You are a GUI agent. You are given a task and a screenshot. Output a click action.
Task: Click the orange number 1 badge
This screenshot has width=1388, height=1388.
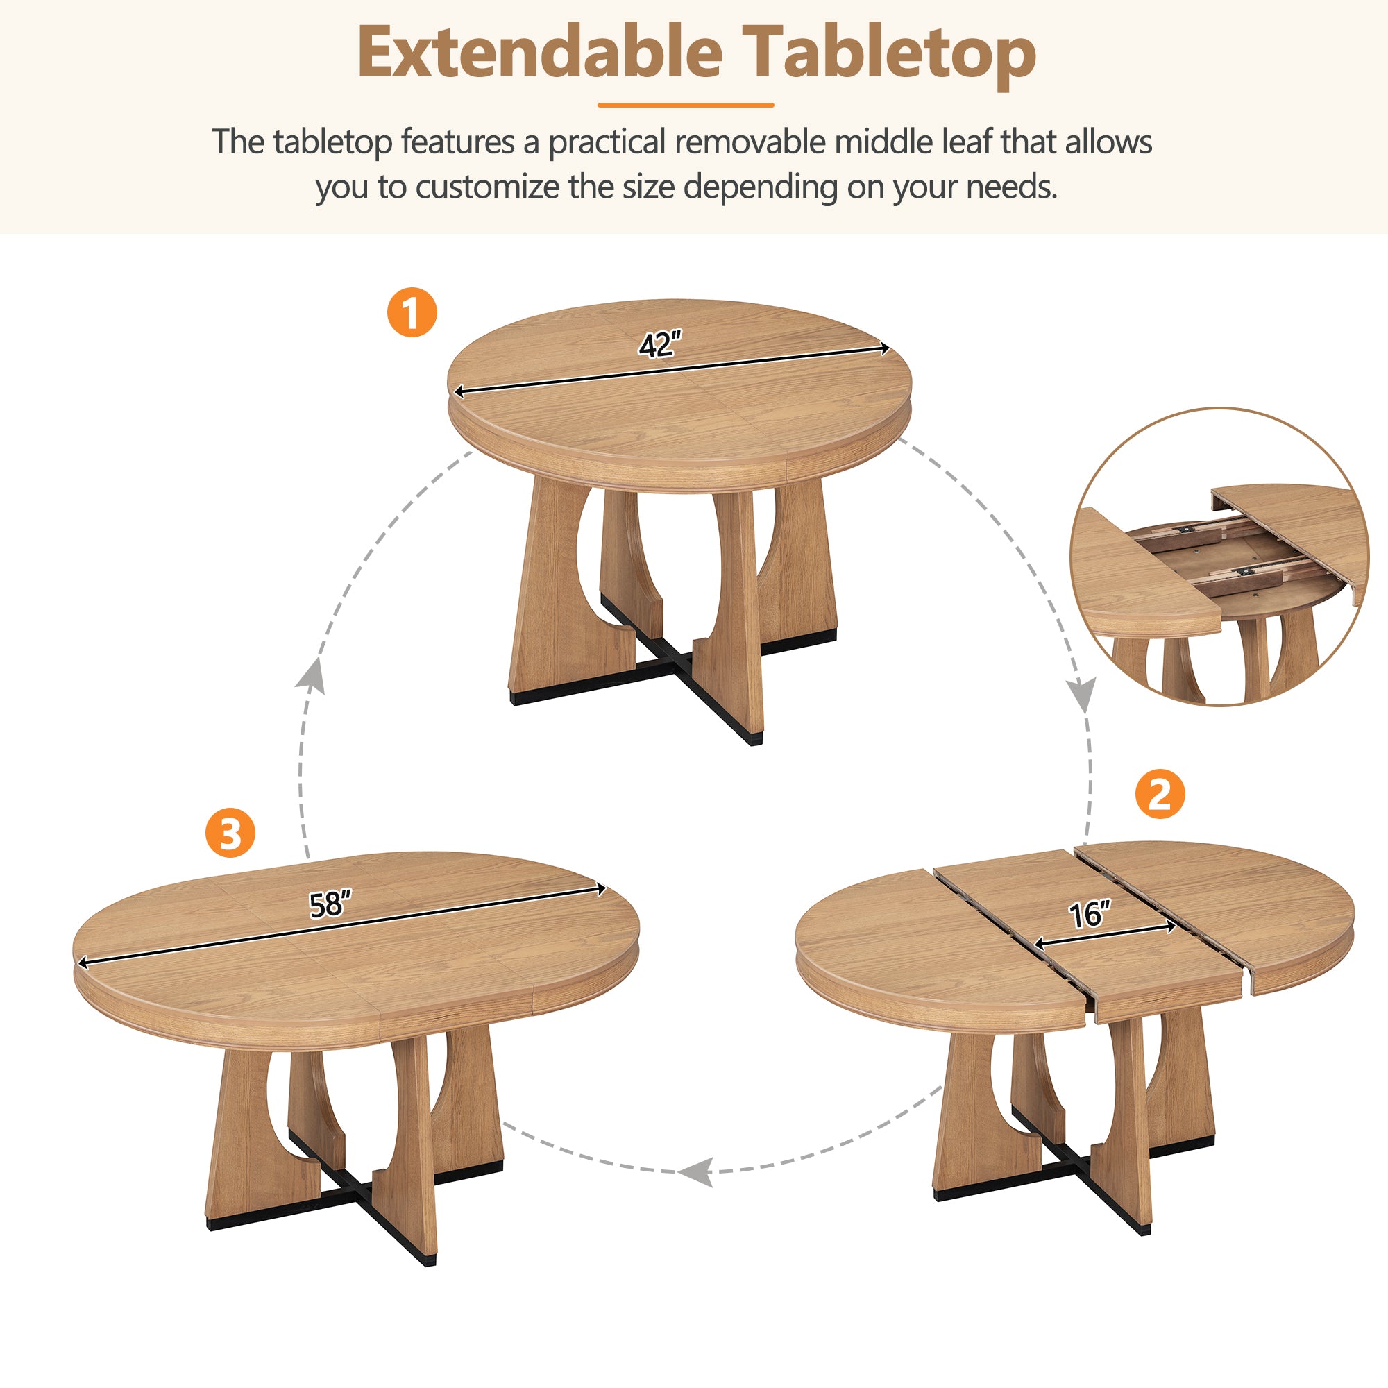click(412, 312)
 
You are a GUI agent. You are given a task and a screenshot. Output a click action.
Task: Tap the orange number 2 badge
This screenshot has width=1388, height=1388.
click(1160, 794)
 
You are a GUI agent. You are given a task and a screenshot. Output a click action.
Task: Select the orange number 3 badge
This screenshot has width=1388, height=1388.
click(230, 833)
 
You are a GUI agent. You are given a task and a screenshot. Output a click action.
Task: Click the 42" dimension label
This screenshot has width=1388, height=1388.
click(659, 345)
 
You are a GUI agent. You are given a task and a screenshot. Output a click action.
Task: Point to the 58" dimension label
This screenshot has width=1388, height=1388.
click(330, 904)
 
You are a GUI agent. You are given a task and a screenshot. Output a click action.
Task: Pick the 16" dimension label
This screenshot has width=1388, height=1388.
click(1089, 915)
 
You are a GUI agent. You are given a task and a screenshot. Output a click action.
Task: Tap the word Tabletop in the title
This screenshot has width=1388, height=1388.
click(889, 53)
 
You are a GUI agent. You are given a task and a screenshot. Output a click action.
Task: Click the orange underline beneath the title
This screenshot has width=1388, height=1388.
click(686, 105)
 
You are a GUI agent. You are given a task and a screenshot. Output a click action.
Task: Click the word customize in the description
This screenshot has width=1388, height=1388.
click(487, 187)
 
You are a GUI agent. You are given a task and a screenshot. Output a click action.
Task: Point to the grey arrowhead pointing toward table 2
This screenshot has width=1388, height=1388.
click(1081, 694)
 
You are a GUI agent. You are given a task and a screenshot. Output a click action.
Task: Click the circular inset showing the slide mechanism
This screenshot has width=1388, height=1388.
click(1219, 557)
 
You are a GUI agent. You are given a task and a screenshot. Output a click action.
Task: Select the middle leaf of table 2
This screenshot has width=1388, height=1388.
click(1078, 926)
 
